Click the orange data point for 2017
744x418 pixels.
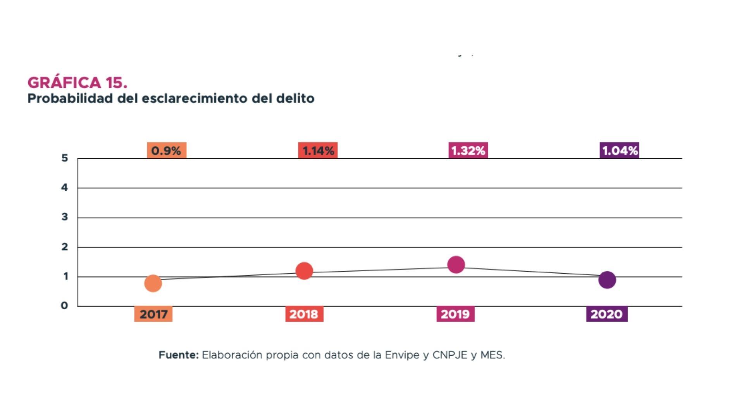(153, 283)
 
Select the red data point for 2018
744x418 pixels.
(304, 271)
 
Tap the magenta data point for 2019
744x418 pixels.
(456, 264)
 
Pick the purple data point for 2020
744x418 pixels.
(607, 280)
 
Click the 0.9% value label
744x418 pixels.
(166, 151)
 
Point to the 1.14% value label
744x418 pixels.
(318, 151)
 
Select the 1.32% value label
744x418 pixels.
(468, 151)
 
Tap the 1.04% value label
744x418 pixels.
(619, 151)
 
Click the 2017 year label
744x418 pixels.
(153, 314)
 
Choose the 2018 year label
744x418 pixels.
(304, 314)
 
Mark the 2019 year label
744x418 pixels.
(455, 314)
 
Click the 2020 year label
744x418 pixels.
(607, 314)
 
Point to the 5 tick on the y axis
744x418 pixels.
(65, 158)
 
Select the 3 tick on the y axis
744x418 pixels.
(65, 217)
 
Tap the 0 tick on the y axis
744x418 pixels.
(64, 306)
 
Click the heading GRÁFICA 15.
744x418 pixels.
(77, 82)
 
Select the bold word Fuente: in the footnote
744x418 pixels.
(178, 355)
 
